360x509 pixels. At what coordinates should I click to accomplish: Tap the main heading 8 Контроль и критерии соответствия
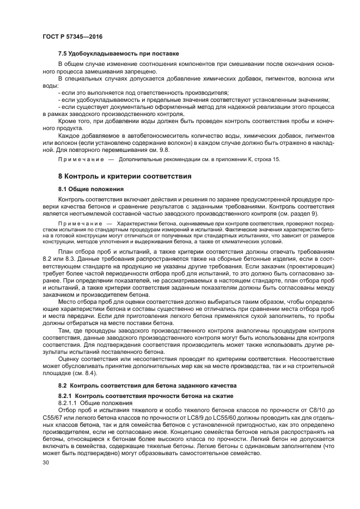coord(124,176)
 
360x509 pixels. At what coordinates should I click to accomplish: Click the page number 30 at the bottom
coord(45,462)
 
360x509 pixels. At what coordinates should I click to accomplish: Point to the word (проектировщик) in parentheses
coord(303,269)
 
